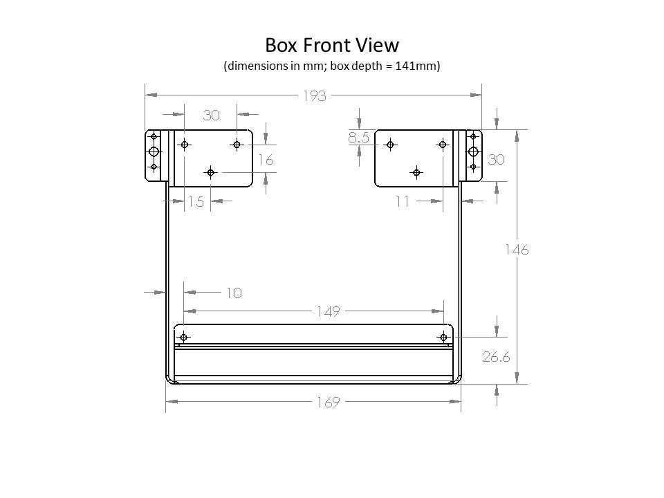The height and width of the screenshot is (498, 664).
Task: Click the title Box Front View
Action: [x=332, y=46]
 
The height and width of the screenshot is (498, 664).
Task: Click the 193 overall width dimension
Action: [x=315, y=96]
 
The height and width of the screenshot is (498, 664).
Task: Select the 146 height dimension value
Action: [x=517, y=250]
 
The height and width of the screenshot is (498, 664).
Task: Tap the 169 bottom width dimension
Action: [x=328, y=402]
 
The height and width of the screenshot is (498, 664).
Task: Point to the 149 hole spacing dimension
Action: [x=328, y=312]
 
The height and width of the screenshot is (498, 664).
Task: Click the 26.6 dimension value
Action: [x=497, y=357]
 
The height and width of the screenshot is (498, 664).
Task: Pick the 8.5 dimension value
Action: [x=359, y=137]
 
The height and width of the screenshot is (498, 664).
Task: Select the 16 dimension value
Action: [x=266, y=160]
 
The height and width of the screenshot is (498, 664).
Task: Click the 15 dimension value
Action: [x=196, y=201]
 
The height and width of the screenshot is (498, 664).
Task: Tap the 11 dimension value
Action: [x=403, y=201]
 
